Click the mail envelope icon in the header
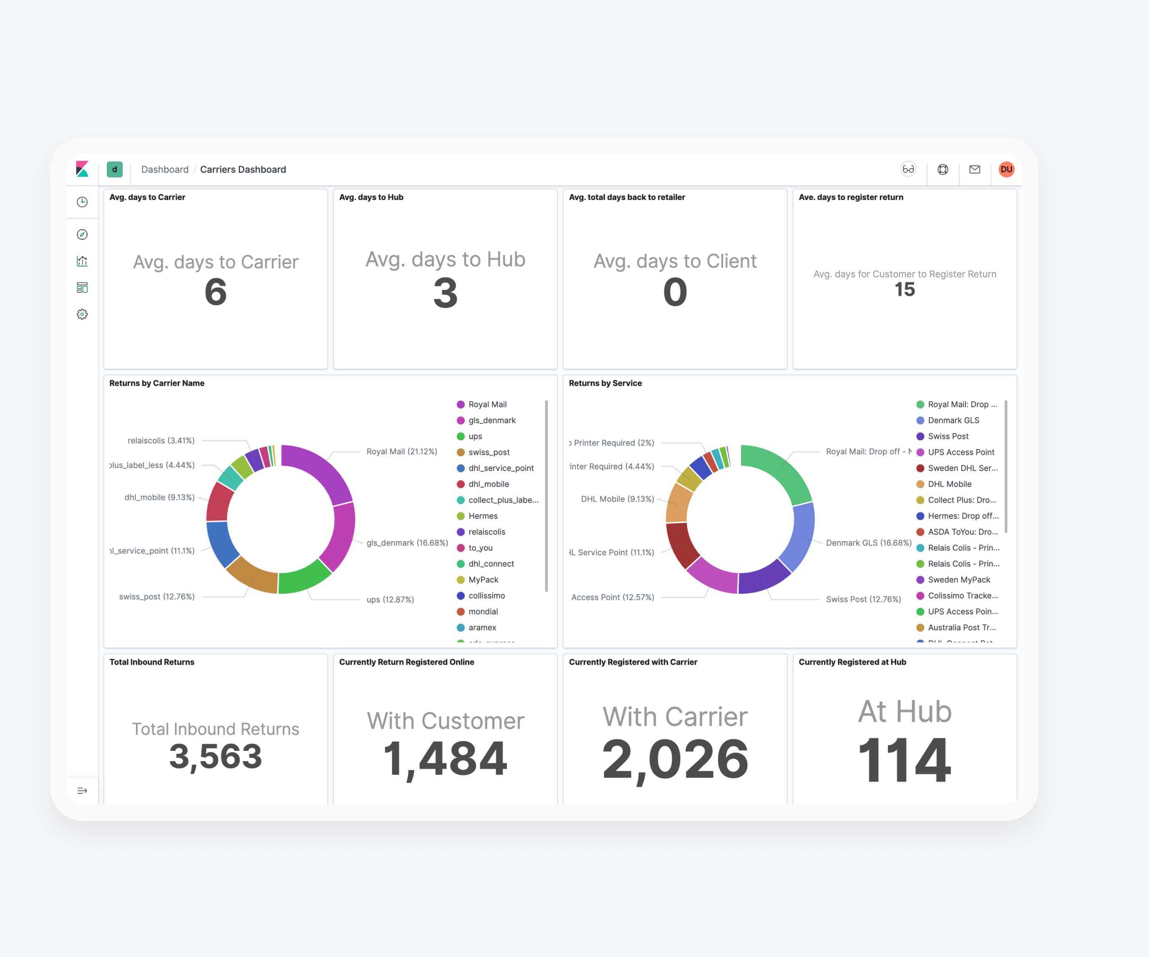975,170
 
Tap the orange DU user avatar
1006,170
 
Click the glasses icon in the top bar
908,170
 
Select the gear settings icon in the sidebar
82,314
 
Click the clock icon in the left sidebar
82,202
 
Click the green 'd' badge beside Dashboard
114,170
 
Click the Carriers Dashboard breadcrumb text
243,170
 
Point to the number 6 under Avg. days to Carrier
216,292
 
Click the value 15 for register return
905,290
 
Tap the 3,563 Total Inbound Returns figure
216,756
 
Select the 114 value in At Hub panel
905,760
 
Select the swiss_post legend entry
488,452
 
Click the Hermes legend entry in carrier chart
483,516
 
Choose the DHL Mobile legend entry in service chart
949,484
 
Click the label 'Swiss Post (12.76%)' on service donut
863,599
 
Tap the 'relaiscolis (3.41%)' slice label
161,441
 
